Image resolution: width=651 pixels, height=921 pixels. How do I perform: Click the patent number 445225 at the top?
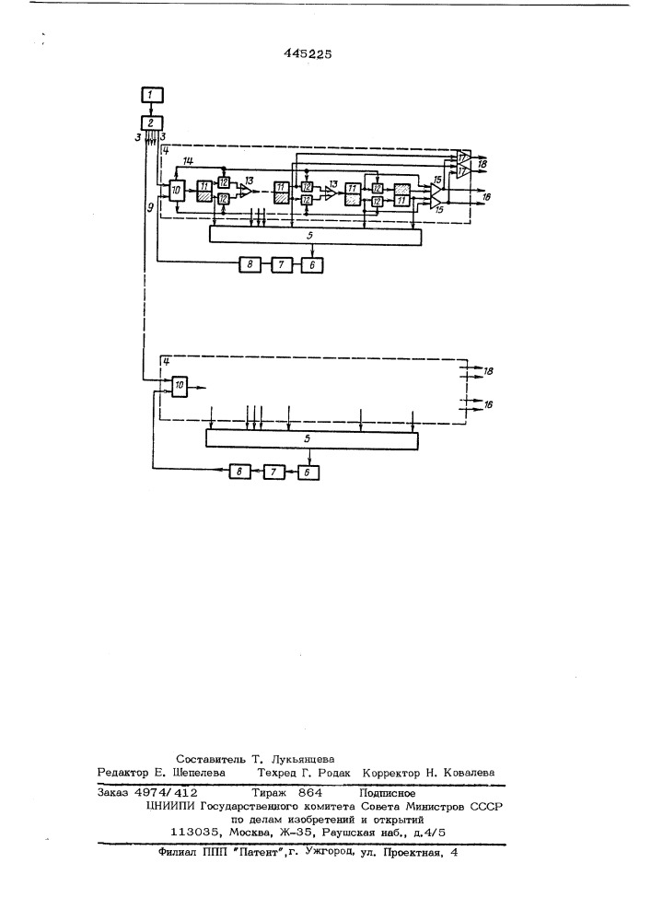308,54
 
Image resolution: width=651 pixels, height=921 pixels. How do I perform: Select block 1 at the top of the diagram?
152,95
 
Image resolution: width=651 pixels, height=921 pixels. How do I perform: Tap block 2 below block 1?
152,122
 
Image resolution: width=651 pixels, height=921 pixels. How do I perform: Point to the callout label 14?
189,161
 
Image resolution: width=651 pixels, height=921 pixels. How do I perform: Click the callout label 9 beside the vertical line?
151,206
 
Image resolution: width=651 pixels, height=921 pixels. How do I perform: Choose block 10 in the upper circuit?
176,190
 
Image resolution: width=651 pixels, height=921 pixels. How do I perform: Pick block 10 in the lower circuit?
180,385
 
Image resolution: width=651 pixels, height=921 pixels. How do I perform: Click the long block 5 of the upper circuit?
315,236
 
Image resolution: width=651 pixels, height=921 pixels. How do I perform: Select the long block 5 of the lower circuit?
312,439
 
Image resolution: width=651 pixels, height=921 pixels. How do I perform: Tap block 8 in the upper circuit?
250,265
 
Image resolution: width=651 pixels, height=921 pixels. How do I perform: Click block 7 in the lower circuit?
274,472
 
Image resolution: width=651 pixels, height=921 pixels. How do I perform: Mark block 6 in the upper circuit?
312,265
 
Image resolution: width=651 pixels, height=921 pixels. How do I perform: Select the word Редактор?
122,773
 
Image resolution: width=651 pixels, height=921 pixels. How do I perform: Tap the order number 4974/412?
166,793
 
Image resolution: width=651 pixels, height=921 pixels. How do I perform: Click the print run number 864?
310,793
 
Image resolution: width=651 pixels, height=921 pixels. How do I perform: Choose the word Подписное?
388,793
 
